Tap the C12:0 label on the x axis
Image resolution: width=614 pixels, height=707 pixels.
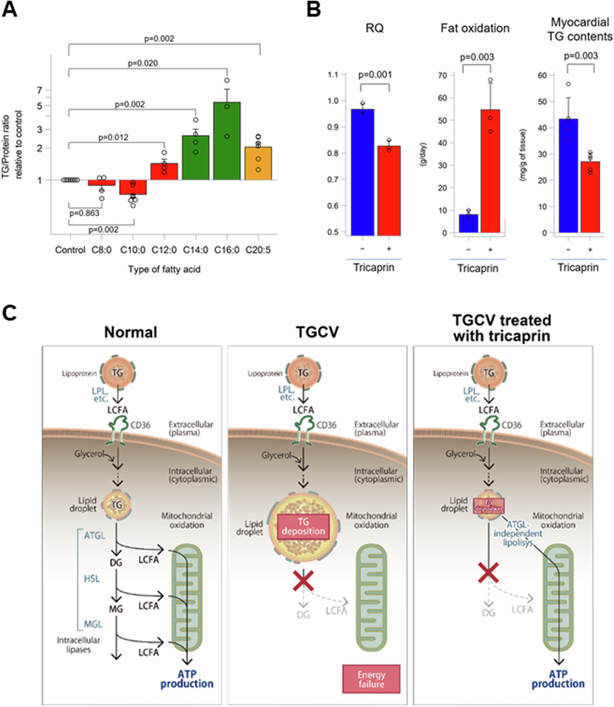164,250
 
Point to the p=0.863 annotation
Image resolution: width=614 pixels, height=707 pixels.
84,213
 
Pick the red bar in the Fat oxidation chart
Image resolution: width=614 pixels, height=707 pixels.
490,171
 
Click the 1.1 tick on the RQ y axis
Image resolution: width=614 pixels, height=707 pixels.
333,75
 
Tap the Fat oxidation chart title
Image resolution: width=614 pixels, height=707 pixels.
475,28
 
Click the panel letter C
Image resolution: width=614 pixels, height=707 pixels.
9,313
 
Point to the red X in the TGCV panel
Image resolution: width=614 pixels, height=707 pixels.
303,580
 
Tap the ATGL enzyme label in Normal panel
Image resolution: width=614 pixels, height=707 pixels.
95,535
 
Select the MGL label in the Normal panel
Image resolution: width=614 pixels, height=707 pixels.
93,624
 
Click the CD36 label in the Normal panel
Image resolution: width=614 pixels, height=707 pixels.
141,425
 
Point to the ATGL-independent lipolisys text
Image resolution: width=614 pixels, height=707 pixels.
518,533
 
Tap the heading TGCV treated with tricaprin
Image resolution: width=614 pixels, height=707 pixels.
502,328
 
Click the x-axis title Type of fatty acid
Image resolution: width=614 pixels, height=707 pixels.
164,269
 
